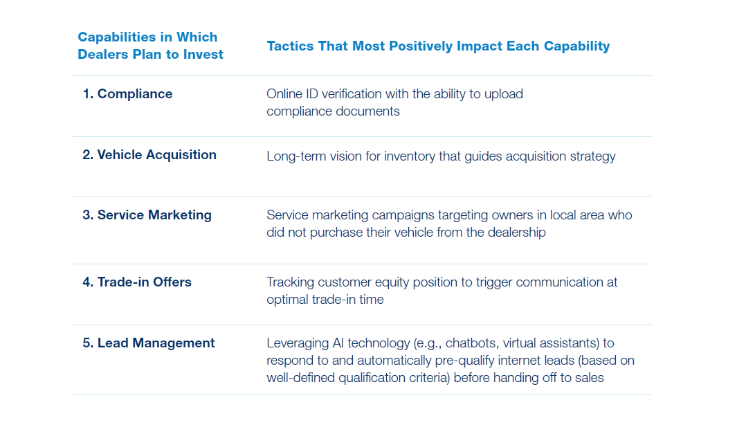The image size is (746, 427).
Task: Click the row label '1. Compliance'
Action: (x=127, y=94)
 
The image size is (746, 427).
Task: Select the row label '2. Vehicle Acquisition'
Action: (x=149, y=155)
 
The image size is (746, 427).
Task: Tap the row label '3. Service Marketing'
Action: (x=147, y=215)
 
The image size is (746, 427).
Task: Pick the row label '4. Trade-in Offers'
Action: (x=137, y=282)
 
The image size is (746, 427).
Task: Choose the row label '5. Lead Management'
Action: (x=148, y=343)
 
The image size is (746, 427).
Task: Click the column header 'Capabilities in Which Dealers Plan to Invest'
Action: (x=150, y=46)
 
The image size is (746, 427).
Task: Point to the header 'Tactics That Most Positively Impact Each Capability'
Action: (x=438, y=46)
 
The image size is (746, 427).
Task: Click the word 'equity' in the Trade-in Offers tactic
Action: (x=392, y=282)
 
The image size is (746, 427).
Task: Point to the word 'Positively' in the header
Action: (x=421, y=46)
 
